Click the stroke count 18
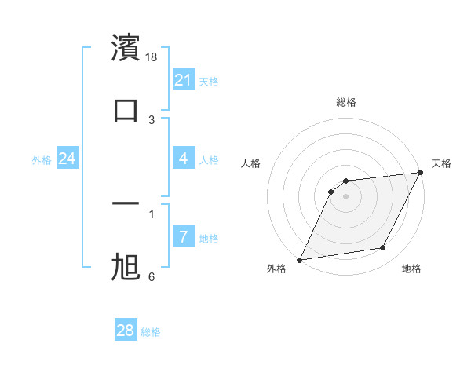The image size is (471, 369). click(x=152, y=57)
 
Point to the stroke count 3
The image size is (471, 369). click(x=152, y=120)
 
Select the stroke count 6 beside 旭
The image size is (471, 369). click(x=152, y=277)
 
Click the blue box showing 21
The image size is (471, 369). click(x=184, y=80)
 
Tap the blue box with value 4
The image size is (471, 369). click(x=184, y=159)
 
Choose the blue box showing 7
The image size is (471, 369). click(x=184, y=237)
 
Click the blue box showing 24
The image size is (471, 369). click(x=68, y=159)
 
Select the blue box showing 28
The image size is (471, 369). click(x=126, y=331)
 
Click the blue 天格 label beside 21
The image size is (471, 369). click(x=209, y=82)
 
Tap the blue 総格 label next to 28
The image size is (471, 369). click(x=151, y=332)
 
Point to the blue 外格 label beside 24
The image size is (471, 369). click(x=42, y=160)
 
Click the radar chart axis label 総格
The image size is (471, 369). click(x=345, y=102)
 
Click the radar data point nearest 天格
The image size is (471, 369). click(x=422, y=173)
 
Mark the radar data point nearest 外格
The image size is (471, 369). click(x=299, y=259)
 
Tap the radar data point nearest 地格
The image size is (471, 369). click(x=383, y=248)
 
